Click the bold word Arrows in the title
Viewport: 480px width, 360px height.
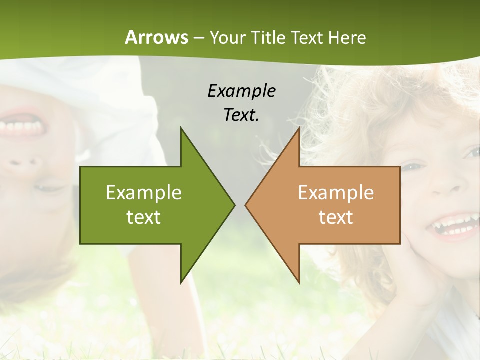tap(156, 37)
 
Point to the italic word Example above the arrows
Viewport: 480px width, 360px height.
tap(241, 91)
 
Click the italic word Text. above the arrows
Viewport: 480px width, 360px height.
tap(241, 115)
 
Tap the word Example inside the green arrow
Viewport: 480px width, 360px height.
tap(144, 192)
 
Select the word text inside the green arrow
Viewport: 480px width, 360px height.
tap(144, 217)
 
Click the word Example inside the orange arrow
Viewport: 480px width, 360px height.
tap(336, 192)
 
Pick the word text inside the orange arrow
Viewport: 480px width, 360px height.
tap(336, 217)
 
